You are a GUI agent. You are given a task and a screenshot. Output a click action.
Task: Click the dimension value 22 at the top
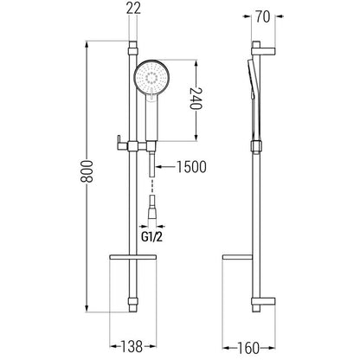pyautogui.click(x=133, y=8)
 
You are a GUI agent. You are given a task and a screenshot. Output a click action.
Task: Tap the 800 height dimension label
pyautogui.click(x=87, y=171)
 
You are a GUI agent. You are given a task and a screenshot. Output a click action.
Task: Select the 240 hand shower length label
pyautogui.click(x=196, y=98)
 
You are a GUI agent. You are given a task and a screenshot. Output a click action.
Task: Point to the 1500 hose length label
pyautogui.click(x=191, y=167)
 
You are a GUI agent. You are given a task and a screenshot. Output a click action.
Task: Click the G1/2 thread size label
pyautogui.click(x=151, y=237)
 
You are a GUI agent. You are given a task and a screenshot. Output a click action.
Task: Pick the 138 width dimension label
pyautogui.click(x=132, y=346)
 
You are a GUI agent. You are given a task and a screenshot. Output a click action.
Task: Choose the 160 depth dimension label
pyautogui.click(x=248, y=348)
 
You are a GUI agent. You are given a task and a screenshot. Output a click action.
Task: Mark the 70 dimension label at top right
pyautogui.click(x=263, y=17)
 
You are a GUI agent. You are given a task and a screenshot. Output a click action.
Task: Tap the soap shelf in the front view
pyautogui.click(x=132, y=256)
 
